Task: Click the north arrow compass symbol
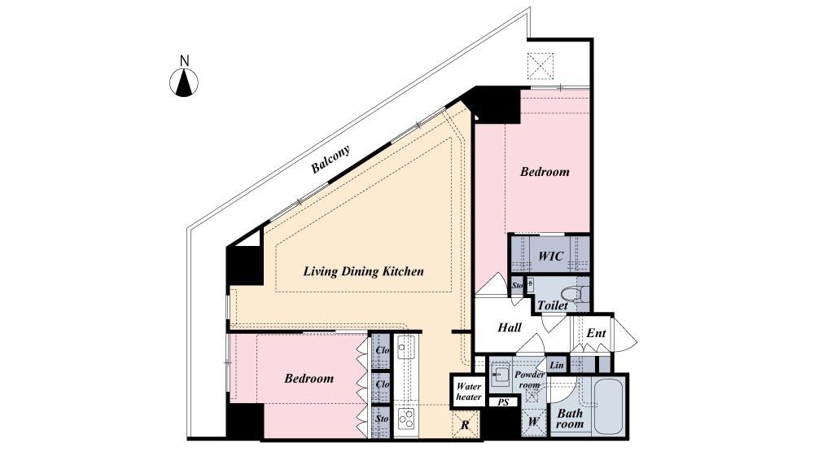[x=184, y=82]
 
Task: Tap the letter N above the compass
[x=184, y=61]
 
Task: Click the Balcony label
[x=330, y=160]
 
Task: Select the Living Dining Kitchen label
[x=363, y=271]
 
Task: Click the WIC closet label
[x=551, y=256]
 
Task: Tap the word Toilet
[x=553, y=305]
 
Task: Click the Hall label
[x=510, y=327]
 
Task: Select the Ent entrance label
[x=596, y=333]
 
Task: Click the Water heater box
[x=468, y=391]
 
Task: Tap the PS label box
[x=503, y=402]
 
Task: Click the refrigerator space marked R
[x=465, y=425]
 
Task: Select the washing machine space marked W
[x=533, y=422]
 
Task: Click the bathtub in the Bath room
[x=610, y=407]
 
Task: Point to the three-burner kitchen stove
[x=405, y=419]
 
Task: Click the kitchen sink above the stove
[x=405, y=348]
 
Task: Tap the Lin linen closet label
[x=557, y=365]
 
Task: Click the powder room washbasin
[x=500, y=374]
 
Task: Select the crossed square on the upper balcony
[x=540, y=66]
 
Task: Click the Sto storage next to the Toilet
[x=517, y=286]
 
